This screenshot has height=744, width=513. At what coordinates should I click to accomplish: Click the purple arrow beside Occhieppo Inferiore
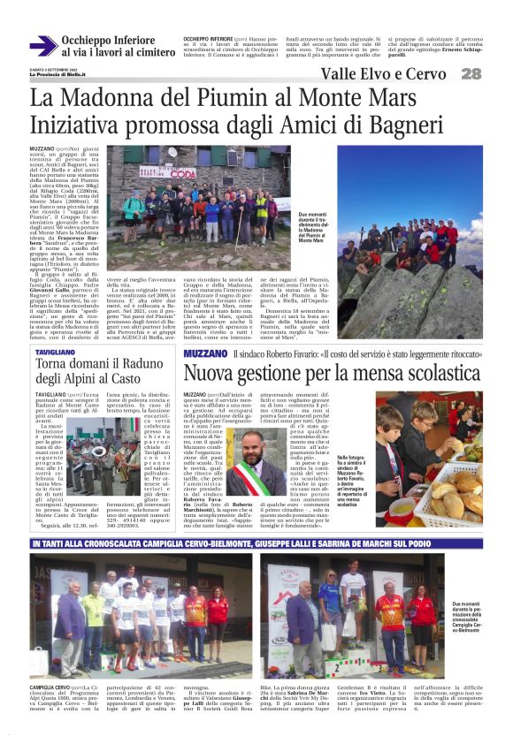(42, 45)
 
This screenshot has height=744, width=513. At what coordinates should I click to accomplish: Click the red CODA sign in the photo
(185, 175)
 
